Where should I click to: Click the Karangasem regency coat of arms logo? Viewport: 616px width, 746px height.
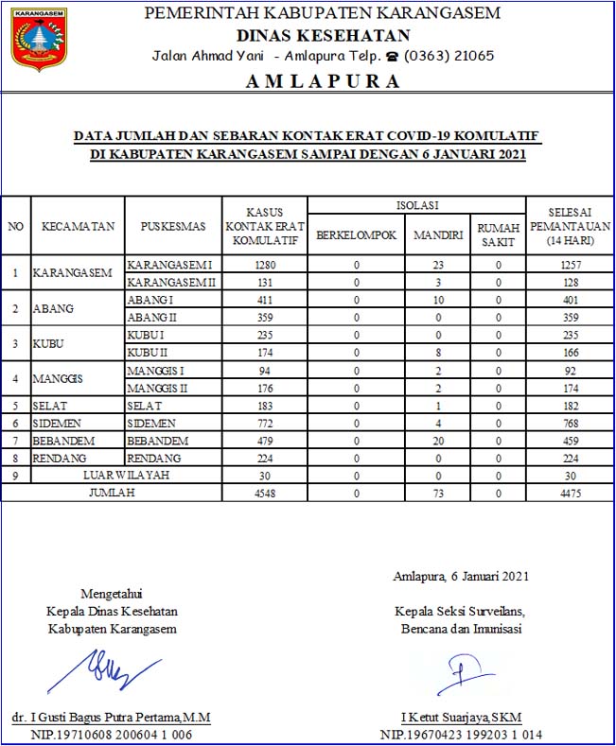click(x=39, y=39)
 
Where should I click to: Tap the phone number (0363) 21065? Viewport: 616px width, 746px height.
click(x=449, y=56)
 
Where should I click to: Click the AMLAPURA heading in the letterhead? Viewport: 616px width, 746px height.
click(x=323, y=81)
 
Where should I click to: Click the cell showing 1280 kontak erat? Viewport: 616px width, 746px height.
click(x=266, y=266)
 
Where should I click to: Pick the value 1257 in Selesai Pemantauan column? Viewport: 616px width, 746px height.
click(x=570, y=266)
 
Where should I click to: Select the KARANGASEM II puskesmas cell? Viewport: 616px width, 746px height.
click(x=171, y=283)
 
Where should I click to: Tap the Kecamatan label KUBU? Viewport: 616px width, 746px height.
click(x=50, y=342)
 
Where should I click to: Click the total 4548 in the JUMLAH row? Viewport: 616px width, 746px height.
click(x=266, y=493)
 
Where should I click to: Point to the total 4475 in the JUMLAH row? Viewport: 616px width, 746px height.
click(x=570, y=493)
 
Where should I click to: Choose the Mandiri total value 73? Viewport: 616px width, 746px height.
click(x=437, y=493)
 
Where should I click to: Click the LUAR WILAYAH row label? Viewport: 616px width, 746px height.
click(x=126, y=476)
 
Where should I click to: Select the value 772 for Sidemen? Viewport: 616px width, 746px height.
click(x=266, y=424)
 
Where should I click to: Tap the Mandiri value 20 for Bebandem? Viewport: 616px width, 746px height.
click(x=437, y=441)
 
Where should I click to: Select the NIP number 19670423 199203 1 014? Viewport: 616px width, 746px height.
click(x=462, y=735)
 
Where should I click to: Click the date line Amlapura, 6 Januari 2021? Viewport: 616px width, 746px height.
click(x=461, y=576)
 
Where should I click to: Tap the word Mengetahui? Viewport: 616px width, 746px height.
click(x=112, y=593)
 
